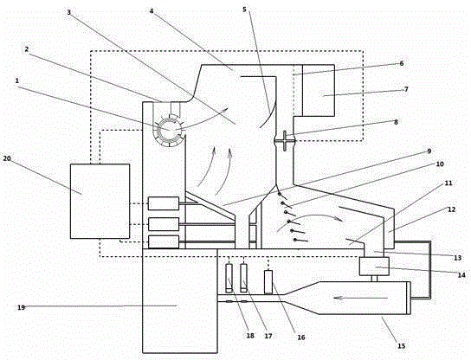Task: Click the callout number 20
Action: click(x=7, y=158)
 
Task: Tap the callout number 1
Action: click(x=17, y=80)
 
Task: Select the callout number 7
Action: click(x=406, y=89)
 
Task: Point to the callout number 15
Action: click(x=402, y=346)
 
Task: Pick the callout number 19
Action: click(x=21, y=307)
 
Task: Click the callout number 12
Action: click(x=451, y=209)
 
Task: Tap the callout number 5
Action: click(x=244, y=10)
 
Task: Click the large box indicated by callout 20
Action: click(x=100, y=201)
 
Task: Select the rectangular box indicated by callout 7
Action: click(x=319, y=90)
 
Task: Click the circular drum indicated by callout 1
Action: click(x=170, y=130)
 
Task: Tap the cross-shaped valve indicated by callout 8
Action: click(x=285, y=140)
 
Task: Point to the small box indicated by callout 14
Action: click(x=374, y=266)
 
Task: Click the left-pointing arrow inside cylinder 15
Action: click(x=360, y=298)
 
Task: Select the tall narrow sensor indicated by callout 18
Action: click(x=229, y=278)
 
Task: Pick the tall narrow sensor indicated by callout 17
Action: click(x=244, y=278)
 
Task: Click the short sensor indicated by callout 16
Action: click(x=268, y=281)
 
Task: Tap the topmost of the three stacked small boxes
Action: click(x=164, y=203)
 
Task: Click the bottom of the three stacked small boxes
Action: click(x=164, y=242)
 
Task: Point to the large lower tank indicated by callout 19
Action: click(x=180, y=301)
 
